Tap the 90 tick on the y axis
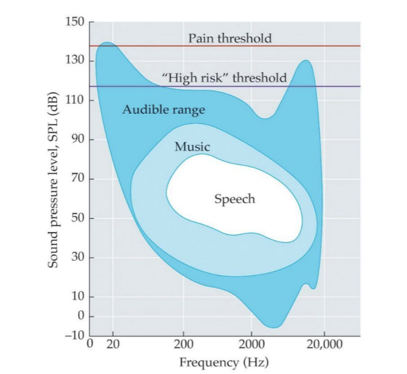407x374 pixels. [79, 140]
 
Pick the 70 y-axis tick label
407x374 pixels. [79, 179]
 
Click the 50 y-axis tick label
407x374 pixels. [79, 218]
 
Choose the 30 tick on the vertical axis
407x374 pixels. [79, 257]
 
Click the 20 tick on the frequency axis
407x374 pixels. [113, 345]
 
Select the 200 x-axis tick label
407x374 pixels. [184, 345]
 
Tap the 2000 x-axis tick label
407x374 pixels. [251, 345]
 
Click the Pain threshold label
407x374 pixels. [230, 38]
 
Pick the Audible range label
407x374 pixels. [163, 109]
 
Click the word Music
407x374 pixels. [192, 147]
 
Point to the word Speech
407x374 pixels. [234, 199]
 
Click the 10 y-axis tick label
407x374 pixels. [79, 296]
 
